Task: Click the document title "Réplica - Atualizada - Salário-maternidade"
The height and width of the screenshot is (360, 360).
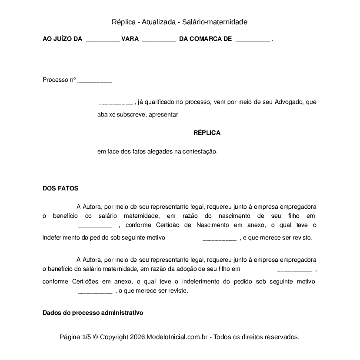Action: (180, 22)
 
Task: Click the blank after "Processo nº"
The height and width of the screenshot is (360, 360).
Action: (94, 81)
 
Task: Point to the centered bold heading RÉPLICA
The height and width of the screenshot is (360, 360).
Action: (207, 133)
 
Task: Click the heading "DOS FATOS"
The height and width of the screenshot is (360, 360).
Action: (60, 189)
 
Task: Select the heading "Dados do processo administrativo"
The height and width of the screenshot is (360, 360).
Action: (93, 313)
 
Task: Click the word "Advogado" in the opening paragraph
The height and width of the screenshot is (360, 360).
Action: (289, 103)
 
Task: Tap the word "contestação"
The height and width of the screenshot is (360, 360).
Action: (199, 152)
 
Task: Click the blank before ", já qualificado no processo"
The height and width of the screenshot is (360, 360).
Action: (116, 103)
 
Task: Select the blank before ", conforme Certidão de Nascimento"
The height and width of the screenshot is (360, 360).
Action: (95, 226)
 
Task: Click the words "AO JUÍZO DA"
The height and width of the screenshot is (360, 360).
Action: (62, 39)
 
